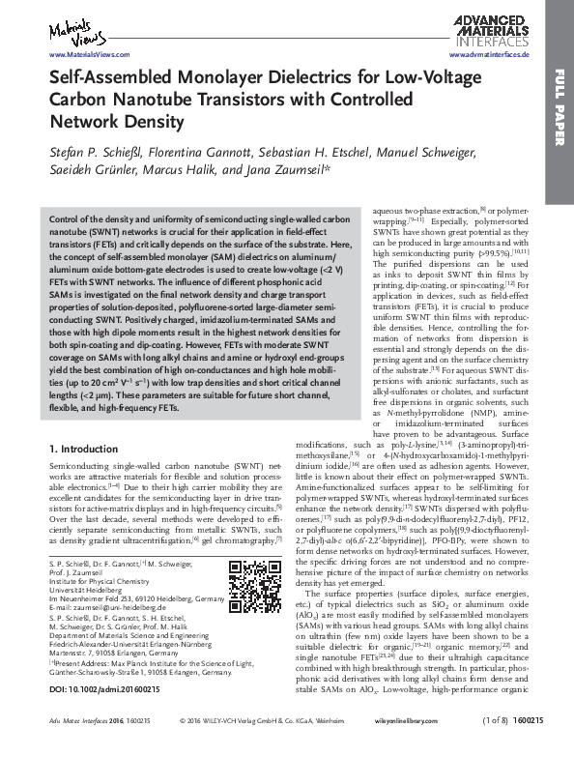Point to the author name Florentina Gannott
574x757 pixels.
[207, 152]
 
